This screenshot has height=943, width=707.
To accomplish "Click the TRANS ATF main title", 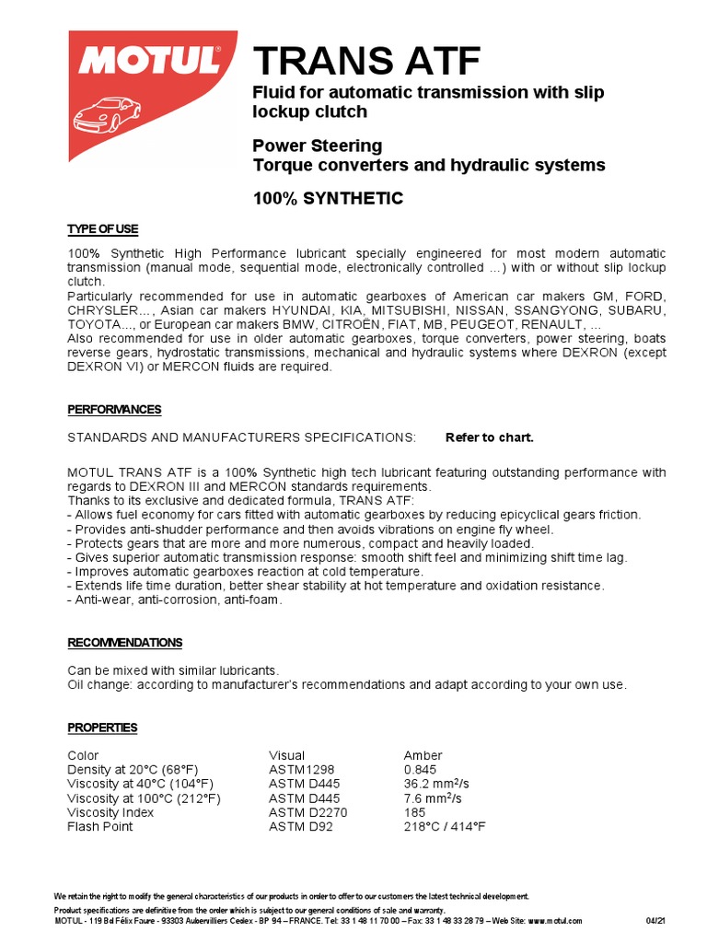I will pyautogui.click(x=366, y=62).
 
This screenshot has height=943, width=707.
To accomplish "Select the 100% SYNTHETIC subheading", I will pyautogui.click(x=328, y=198).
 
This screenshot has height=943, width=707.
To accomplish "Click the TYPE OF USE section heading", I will pyautogui.click(x=102, y=228).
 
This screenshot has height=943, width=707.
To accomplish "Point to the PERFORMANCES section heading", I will pyautogui.click(x=114, y=409).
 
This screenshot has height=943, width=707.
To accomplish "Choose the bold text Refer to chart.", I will pyautogui.click(x=489, y=437).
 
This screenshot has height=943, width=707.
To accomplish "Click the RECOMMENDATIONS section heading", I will pyautogui.click(x=124, y=642).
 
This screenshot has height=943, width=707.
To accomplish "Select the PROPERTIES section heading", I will pyautogui.click(x=102, y=728).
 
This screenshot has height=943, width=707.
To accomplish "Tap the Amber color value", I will pyautogui.click(x=423, y=755).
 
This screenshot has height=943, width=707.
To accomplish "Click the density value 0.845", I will pyautogui.click(x=420, y=770).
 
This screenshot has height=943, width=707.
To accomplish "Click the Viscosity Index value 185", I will pyautogui.click(x=414, y=812).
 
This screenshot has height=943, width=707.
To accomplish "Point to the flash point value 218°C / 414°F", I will pyautogui.click(x=444, y=826).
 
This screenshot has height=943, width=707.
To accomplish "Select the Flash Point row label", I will pyautogui.click(x=99, y=826).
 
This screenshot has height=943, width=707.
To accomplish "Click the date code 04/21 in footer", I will pyautogui.click(x=655, y=921).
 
